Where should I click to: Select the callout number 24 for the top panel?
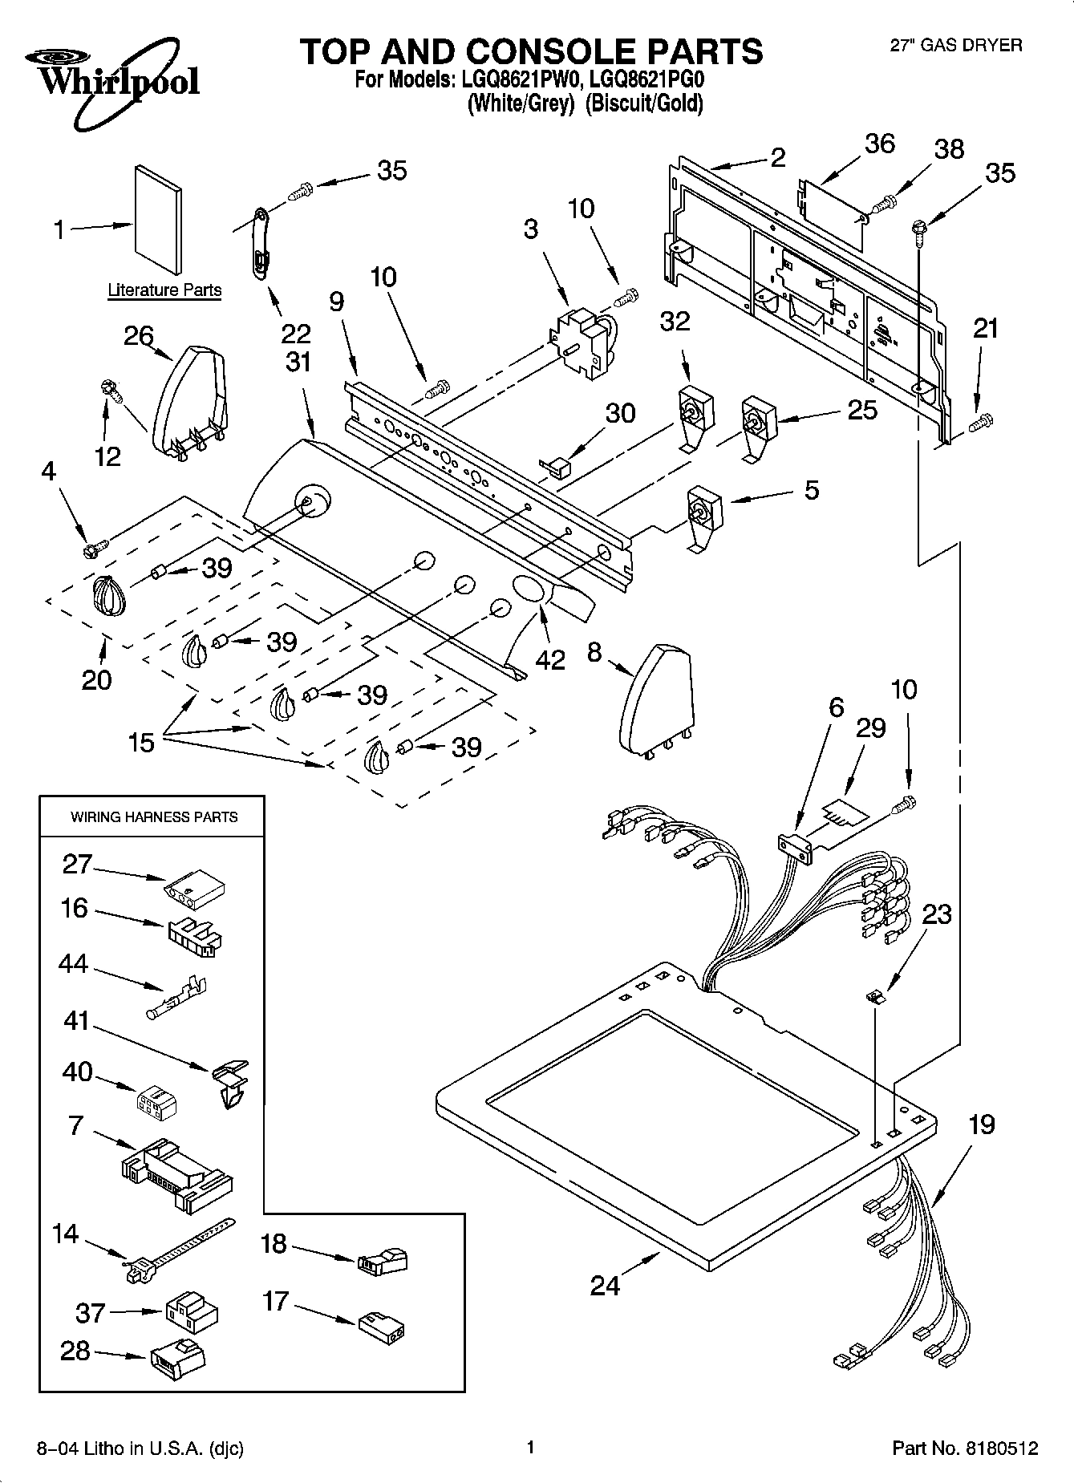(x=605, y=1286)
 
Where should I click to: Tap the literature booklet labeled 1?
(x=158, y=219)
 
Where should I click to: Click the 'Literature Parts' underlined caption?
(x=164, y=290)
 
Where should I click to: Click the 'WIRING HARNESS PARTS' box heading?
(x=154, y=817)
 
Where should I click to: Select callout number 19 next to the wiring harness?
(x=981, y=1124)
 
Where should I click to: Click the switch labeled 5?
(x=703, y=517)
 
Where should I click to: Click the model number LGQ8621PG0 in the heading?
(x=645, y=80)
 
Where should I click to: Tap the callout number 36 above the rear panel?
(x=880, y=144)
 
